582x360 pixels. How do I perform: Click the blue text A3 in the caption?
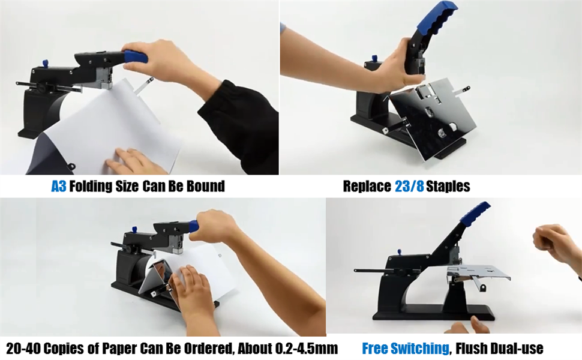tap(58, 186)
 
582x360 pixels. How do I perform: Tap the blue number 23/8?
tap(409, 186)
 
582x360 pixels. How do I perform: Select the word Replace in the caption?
tap(367, 186)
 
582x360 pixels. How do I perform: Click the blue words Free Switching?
tap(405, 348)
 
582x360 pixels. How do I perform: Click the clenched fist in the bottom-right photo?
tap(549, 240)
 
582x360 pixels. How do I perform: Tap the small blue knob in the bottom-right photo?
tap(399, 253)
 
